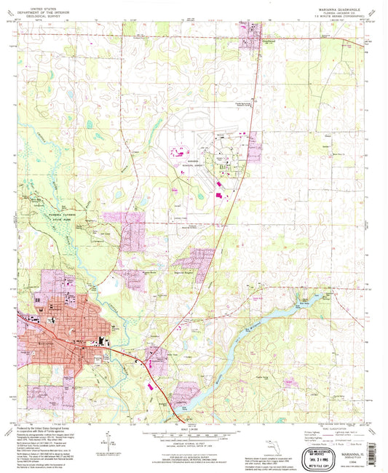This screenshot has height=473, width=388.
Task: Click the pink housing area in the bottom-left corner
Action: coord(44,397)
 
